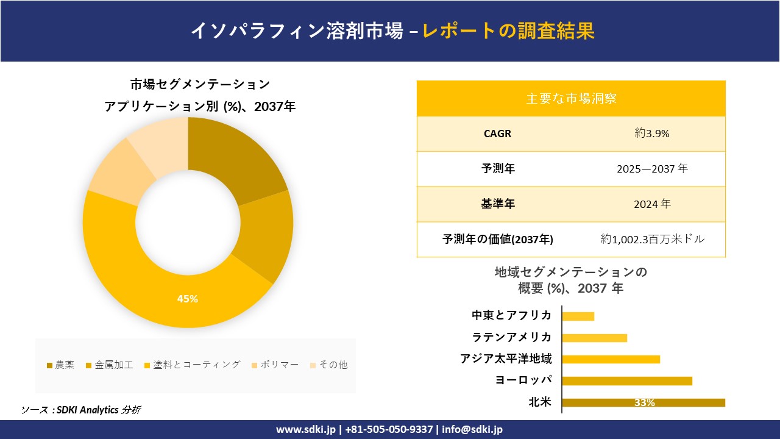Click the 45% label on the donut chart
coord(188,299)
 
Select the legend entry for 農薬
coord(61,365)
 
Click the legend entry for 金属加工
coord(110,365)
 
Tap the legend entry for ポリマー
coord(275,365)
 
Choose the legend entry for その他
coord(328,365)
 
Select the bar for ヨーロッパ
coord(627,381)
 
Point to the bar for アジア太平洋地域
coord(611,359)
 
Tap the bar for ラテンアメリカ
coord(594,338)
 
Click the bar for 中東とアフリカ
coord(578,316)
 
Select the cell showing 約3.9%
coord(652,134)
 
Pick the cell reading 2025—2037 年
coord(652,169)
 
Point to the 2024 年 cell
coord(652,204)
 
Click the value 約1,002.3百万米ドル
coord(652,240)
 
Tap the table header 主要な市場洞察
coord(571,98)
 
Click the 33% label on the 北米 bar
coord(644,403)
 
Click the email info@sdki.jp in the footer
coord(473,429)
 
